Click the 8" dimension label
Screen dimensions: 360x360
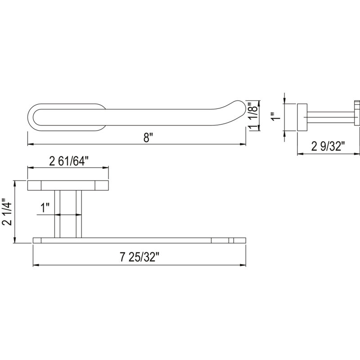[147, 138]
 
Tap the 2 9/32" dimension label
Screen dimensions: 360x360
[328, 146]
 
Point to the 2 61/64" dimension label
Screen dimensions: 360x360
[69, 162]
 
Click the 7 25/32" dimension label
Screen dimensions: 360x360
[139, 257]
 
